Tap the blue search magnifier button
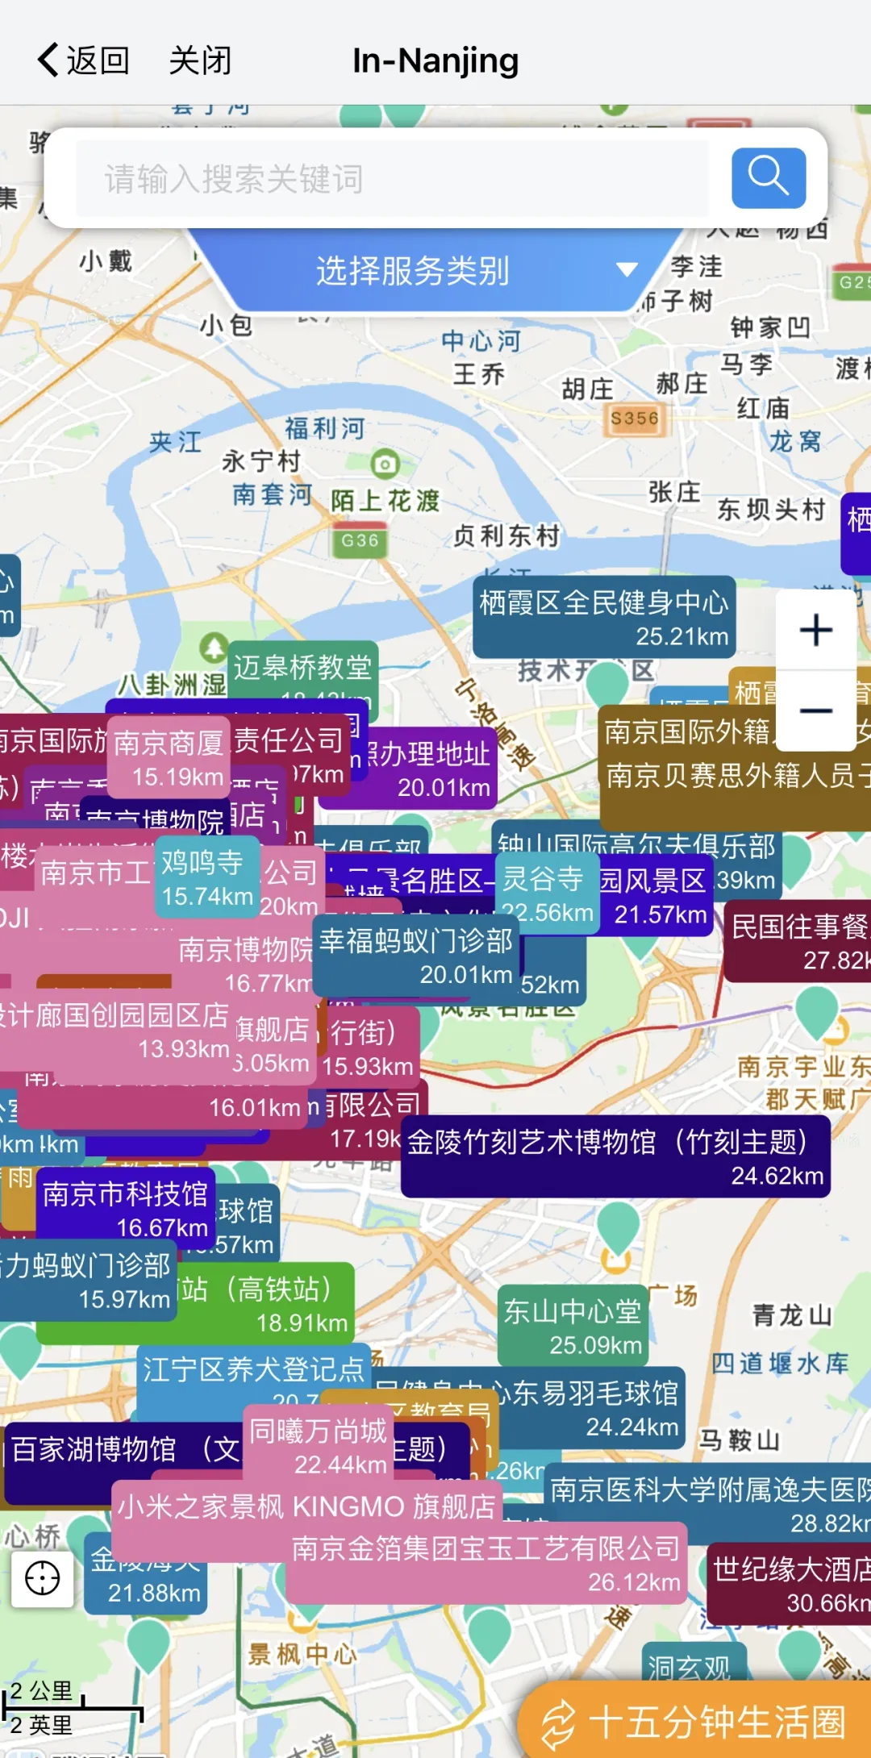(768, 177)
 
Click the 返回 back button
(84, 60)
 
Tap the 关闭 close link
(200, 60)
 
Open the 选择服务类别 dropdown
(435, 271)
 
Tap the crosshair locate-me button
(42, 1578)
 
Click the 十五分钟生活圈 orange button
(694, 1722)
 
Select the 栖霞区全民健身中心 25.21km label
(603, 618)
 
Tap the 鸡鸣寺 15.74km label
(206, 878)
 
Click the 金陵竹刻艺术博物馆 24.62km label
(615, 1157)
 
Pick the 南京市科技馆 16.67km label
(125, 1209)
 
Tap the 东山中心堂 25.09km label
(573, 1327)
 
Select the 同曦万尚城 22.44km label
(318, 1446)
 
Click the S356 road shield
(635, 419)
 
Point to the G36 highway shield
(360, 540)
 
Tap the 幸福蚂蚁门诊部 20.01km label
(415, 956)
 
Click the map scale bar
(73, 1708)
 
